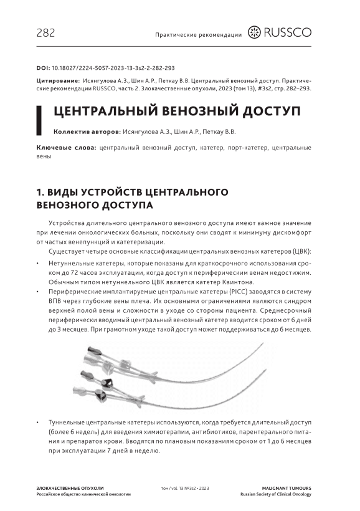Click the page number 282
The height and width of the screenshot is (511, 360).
(45, 33)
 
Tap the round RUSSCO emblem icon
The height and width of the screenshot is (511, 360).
(254, 32)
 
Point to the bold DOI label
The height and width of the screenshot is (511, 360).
(43, 68)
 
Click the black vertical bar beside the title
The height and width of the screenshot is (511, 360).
(39, 120)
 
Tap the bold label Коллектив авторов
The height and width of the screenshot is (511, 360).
(87, 132)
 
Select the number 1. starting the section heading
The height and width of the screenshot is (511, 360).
(40, 193)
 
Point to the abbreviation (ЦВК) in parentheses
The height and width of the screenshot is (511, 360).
(302, 251)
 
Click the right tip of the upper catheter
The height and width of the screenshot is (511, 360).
(263, 343)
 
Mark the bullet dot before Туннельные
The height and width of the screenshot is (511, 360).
(38, 423)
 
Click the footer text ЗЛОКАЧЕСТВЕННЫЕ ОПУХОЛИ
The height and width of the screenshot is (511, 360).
(70, 488)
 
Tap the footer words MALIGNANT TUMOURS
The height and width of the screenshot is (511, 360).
(287, 488)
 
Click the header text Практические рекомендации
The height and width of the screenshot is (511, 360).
(199, 35)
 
